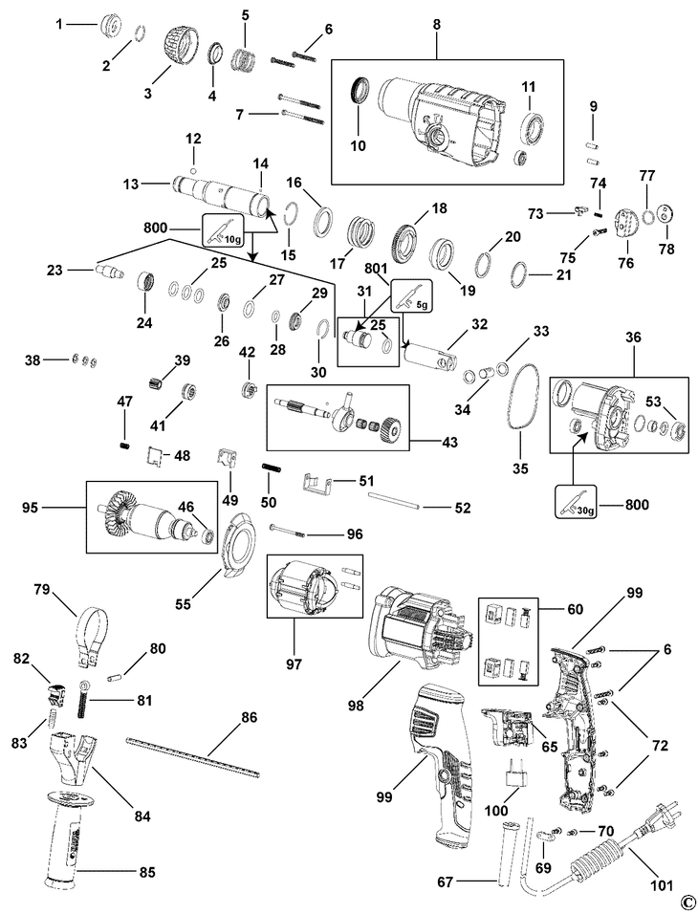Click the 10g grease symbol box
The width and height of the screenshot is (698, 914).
[223, 231]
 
